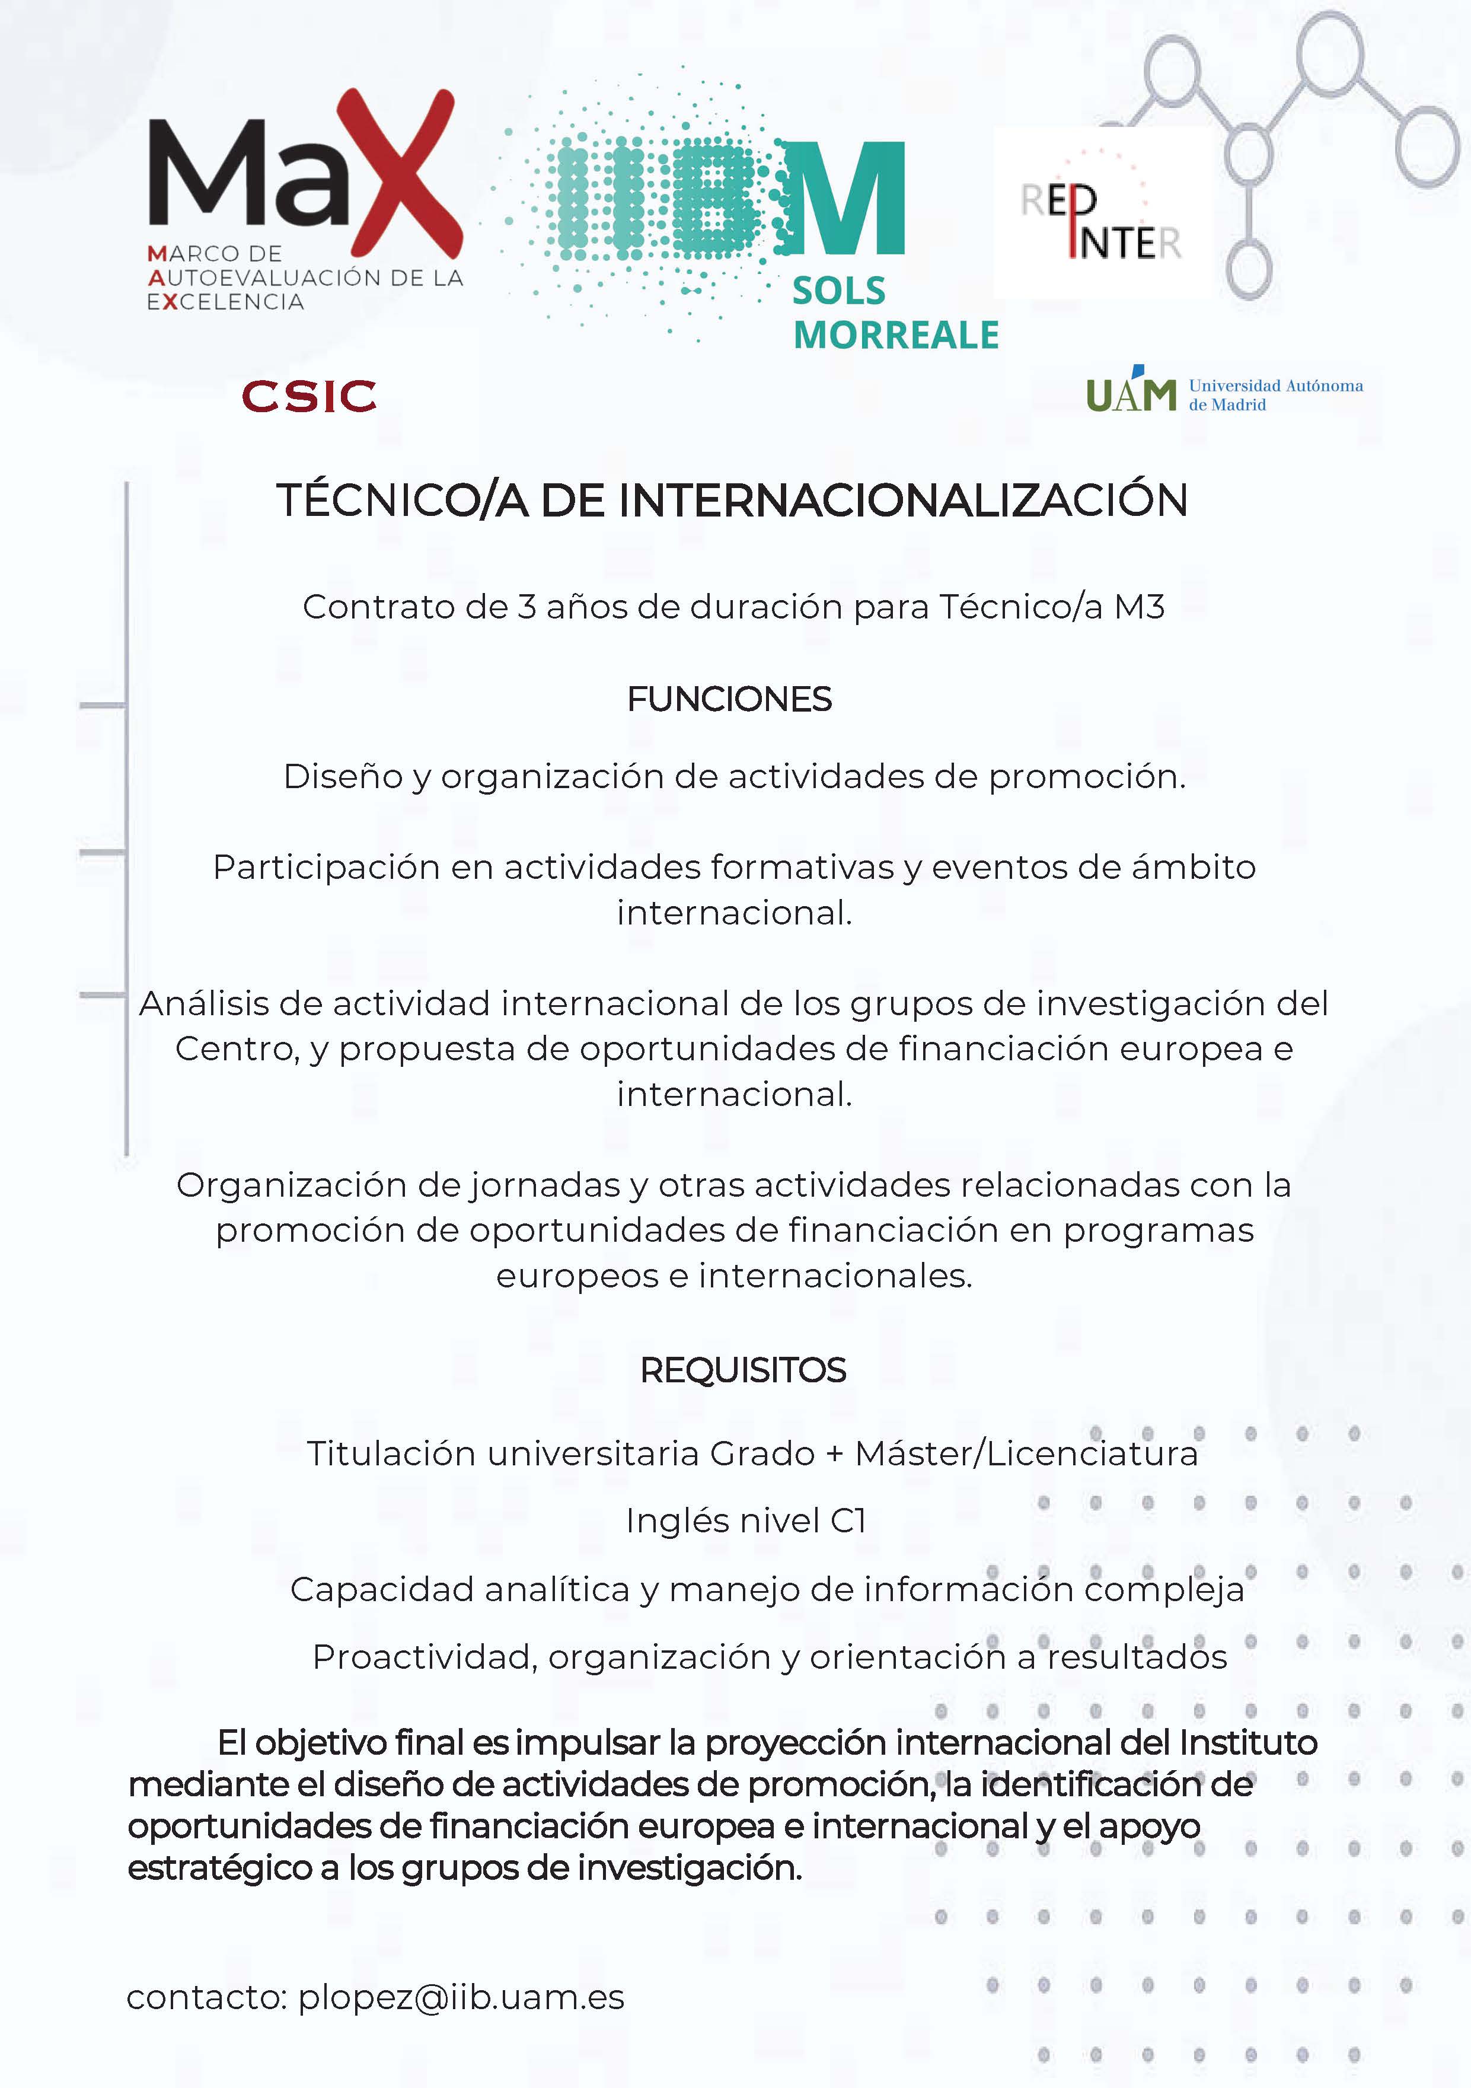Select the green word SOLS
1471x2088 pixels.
pos(838,291)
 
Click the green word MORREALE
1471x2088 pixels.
pos(895,334)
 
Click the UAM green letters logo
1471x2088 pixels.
pos(1131,394)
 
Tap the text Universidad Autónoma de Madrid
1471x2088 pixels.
pos(1275,395)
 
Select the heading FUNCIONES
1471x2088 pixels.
pos(729,699)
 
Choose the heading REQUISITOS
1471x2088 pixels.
pos(743,1370)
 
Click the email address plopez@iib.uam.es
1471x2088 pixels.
pos(461,1997)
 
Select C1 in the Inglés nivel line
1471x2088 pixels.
pos(847,1520)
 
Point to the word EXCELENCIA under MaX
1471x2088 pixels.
pos(225,302)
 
